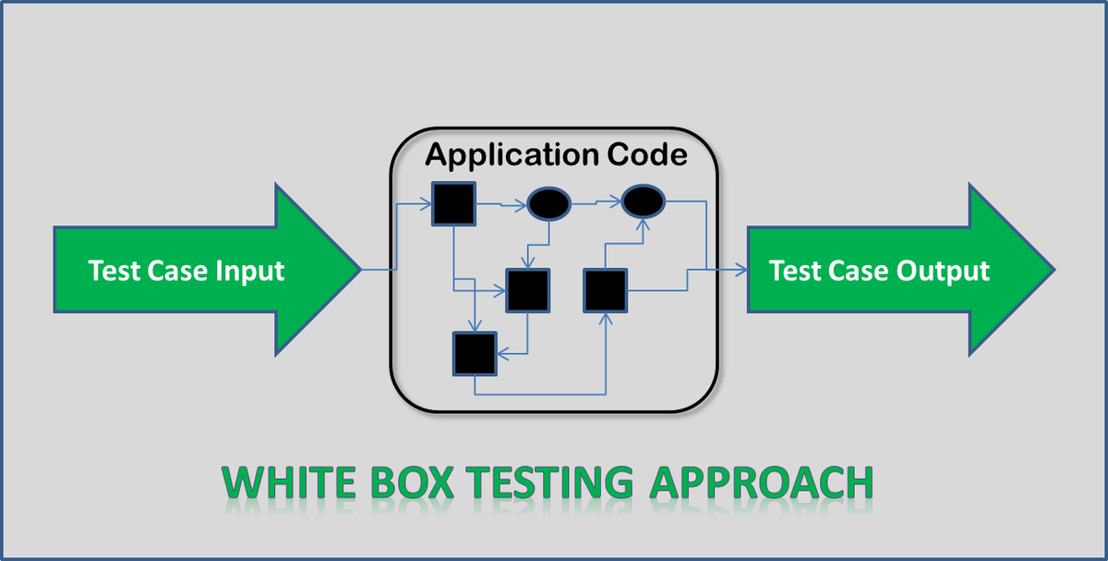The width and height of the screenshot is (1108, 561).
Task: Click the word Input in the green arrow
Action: click(x=249, y=271)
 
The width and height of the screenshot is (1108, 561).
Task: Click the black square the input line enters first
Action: click(x=453, y=203)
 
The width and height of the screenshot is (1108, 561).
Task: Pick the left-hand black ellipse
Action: click(x=548, y=204)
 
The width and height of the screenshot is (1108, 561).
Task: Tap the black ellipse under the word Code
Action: click(x=643, y=201)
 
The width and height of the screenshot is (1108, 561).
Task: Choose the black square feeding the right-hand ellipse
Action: click(x=605, y=290)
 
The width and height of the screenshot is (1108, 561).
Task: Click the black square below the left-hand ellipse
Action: click(x=527, y=290)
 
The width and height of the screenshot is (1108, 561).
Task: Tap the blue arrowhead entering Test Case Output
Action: click(x=742, y=270)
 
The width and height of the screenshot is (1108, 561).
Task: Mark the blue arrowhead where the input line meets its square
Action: click(x=428, y=202)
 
